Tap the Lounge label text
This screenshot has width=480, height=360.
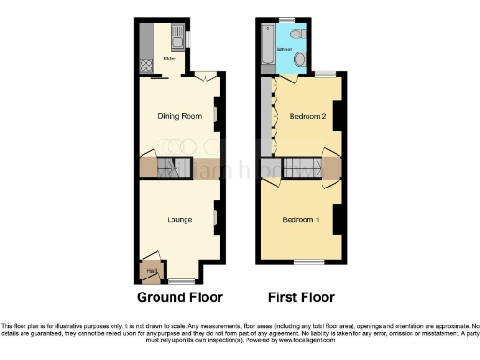click(x=179, y=220)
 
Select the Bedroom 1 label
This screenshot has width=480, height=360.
click(x=302, y=220)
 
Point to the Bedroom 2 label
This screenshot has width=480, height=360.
click(x=307, y=117)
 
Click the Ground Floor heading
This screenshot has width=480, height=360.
click(x=180, y=298)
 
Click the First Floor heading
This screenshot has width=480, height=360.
click(x=302, y=298)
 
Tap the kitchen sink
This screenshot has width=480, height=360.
click(x=175, y=39)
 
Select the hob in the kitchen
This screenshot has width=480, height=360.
click(x=146, y=67)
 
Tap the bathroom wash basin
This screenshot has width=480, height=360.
click(x=300, y=59)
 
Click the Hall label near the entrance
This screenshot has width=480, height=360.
click(x=149, y=270)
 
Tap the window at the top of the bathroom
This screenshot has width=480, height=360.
click(x=287, y=20)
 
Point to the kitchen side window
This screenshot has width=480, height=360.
click(x=187, y=38)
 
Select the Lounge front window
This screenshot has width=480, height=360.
click(x=182, y=280)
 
